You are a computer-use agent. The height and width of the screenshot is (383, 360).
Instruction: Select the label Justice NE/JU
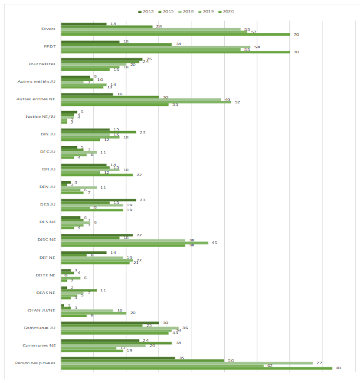pos(41,117)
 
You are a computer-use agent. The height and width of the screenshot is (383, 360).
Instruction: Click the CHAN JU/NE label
pos(43,310)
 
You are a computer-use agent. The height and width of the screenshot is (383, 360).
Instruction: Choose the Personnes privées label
pos(39,363)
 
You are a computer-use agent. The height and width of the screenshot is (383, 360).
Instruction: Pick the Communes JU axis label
pos(42,328)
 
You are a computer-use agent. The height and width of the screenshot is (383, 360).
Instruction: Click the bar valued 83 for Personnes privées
pos(196,368)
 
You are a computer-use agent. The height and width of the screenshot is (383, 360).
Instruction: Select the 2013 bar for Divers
pos(83,24)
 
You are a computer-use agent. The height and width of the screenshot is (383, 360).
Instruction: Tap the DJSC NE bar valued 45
pos(134,243)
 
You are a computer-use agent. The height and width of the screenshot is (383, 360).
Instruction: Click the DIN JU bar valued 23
pos(98,132)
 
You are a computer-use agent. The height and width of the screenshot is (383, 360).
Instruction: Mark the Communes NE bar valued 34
pos(116,343)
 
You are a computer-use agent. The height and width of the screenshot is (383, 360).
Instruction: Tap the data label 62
pos(270,365)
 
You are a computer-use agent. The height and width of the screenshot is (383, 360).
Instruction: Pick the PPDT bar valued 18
pos(90,41)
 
